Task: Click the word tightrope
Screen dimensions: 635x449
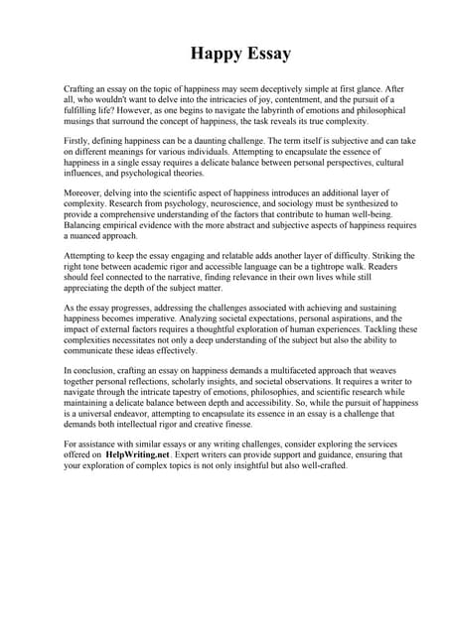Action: coord(305,269)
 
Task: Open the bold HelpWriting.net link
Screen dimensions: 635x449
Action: coord(141,455)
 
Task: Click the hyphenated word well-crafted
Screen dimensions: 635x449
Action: coord(311,466)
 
